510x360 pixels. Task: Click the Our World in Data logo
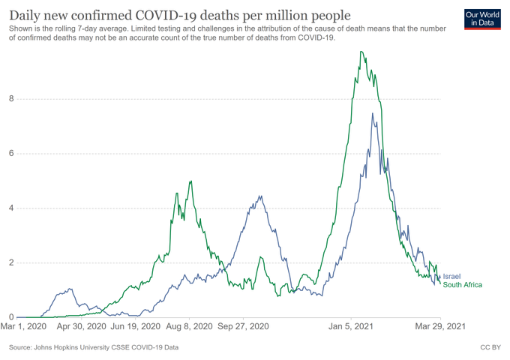pyautogui.click(x=483, y=19)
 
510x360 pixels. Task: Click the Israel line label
pyautogui.click(x=452, y=277)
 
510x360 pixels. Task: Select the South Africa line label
pyautogui.click(x=463, y=285)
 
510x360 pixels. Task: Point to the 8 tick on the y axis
pyautogui.click(x=10, y=99)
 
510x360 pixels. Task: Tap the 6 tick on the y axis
pyautogui.click(x=10, y=154)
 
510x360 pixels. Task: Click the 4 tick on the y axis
pyautogui.click(x=10, y=208)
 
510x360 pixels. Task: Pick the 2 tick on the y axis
pyautogui.click(x=10, y=263)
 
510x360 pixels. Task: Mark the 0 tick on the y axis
pyautogui.click(x=10, y=317)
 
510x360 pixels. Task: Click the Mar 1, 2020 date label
pyautogui.click(x=25, y=327)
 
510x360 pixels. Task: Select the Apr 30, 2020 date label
pyautogui.click(x=80, y=327)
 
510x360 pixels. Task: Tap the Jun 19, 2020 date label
pyautogui.click(x=135, y=327)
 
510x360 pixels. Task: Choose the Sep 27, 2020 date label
pyautogui.click(x=243, y=327)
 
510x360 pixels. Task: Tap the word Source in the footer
pyautogui.click(x=22, y=348)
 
